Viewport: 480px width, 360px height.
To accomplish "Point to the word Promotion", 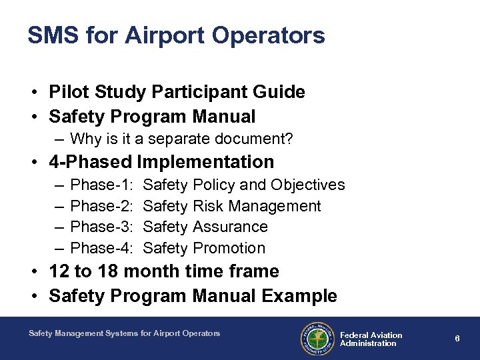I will point(229,249).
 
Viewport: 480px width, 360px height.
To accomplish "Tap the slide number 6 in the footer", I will point(457,339).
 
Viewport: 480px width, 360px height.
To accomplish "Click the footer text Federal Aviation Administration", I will point(371,339).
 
